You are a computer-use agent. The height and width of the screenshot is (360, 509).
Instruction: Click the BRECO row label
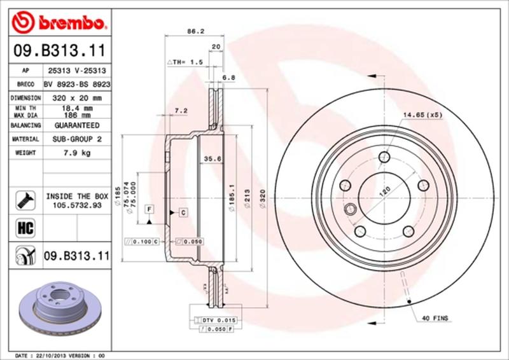click(x=25, y=84)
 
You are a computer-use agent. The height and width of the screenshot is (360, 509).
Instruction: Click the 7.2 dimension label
click(x=181, y=111)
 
